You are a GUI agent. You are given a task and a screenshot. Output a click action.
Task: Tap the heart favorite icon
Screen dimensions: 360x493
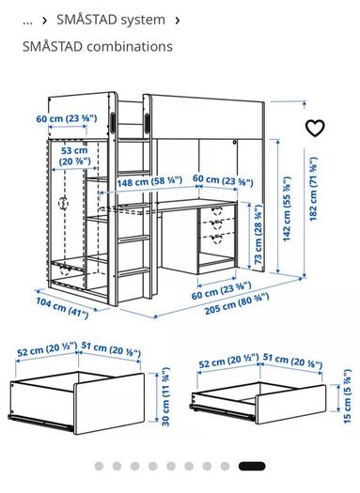315,128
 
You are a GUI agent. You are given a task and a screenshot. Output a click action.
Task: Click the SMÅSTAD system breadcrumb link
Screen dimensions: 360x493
111,20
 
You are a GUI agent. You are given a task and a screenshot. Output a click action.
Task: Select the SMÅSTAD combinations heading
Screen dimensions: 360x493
98,47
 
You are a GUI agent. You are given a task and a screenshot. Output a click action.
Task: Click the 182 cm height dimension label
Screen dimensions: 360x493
313,189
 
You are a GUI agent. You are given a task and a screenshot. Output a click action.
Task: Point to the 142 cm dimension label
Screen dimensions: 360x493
287,209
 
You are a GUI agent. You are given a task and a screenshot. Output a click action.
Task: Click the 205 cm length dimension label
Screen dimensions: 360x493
237,303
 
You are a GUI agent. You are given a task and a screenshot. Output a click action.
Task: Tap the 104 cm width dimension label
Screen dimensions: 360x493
62,308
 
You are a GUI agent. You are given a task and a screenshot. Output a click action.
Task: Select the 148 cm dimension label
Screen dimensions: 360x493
149,181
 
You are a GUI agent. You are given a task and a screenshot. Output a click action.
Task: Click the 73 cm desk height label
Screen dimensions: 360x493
258,235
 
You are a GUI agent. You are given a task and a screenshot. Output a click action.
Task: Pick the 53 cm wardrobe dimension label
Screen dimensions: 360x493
75,156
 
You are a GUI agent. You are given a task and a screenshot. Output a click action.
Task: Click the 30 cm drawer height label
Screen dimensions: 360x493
165,396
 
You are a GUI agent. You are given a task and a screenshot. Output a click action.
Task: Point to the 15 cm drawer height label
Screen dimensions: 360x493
347,397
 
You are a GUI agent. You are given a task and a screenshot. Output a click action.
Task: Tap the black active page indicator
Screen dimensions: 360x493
252,466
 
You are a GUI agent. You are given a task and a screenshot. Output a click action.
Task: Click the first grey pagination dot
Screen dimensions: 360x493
99,466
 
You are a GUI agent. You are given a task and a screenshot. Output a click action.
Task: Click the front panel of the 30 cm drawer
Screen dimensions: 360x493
109,404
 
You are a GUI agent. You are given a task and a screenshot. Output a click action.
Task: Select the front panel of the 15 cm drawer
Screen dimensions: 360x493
290,405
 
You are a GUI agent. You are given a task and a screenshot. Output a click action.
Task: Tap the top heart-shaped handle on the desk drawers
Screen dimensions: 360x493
217,210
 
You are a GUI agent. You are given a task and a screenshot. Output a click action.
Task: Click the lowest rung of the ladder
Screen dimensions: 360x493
133,272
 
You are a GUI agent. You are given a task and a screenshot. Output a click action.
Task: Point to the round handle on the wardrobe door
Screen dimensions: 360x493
64,204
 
